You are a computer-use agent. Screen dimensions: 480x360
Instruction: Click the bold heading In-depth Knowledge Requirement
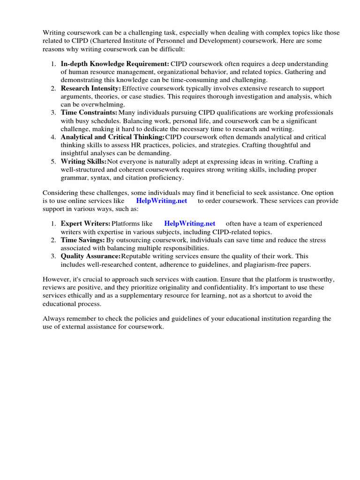[115, 64]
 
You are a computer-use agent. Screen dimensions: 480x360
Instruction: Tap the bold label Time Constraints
[89, 112]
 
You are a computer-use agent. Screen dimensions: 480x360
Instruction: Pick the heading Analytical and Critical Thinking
[112, 137]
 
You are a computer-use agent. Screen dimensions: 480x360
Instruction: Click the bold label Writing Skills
[84, 161]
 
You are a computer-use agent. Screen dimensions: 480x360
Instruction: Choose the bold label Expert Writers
[85, 224]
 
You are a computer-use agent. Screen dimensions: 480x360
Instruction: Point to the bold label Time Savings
[82, 240]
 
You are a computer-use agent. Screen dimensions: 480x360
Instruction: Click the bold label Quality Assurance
[90, 256]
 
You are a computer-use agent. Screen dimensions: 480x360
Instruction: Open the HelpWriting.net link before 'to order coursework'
[162, 201]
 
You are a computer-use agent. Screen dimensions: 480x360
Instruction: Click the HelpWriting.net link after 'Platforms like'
[190, 224]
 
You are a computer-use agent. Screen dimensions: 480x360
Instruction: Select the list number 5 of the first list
[54, 161]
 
